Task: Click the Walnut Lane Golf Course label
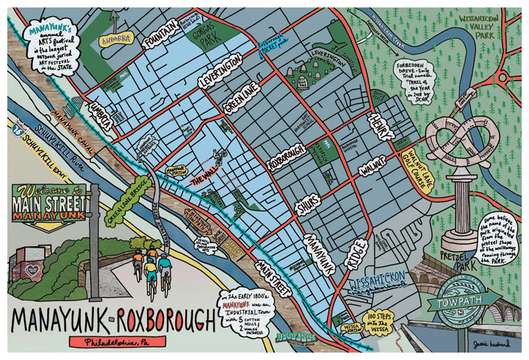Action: click(x=412, y=159)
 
